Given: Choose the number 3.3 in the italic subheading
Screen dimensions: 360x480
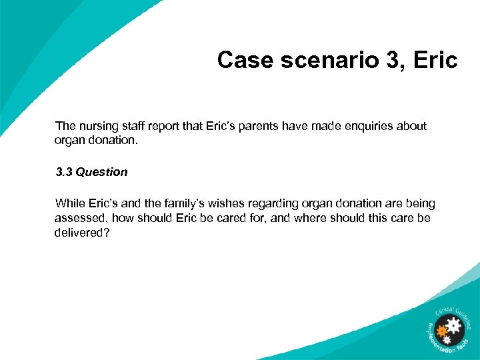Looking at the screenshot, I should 64,172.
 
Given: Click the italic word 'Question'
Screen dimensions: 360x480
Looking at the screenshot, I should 101,172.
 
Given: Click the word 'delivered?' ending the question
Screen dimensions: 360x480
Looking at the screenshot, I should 82,233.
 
